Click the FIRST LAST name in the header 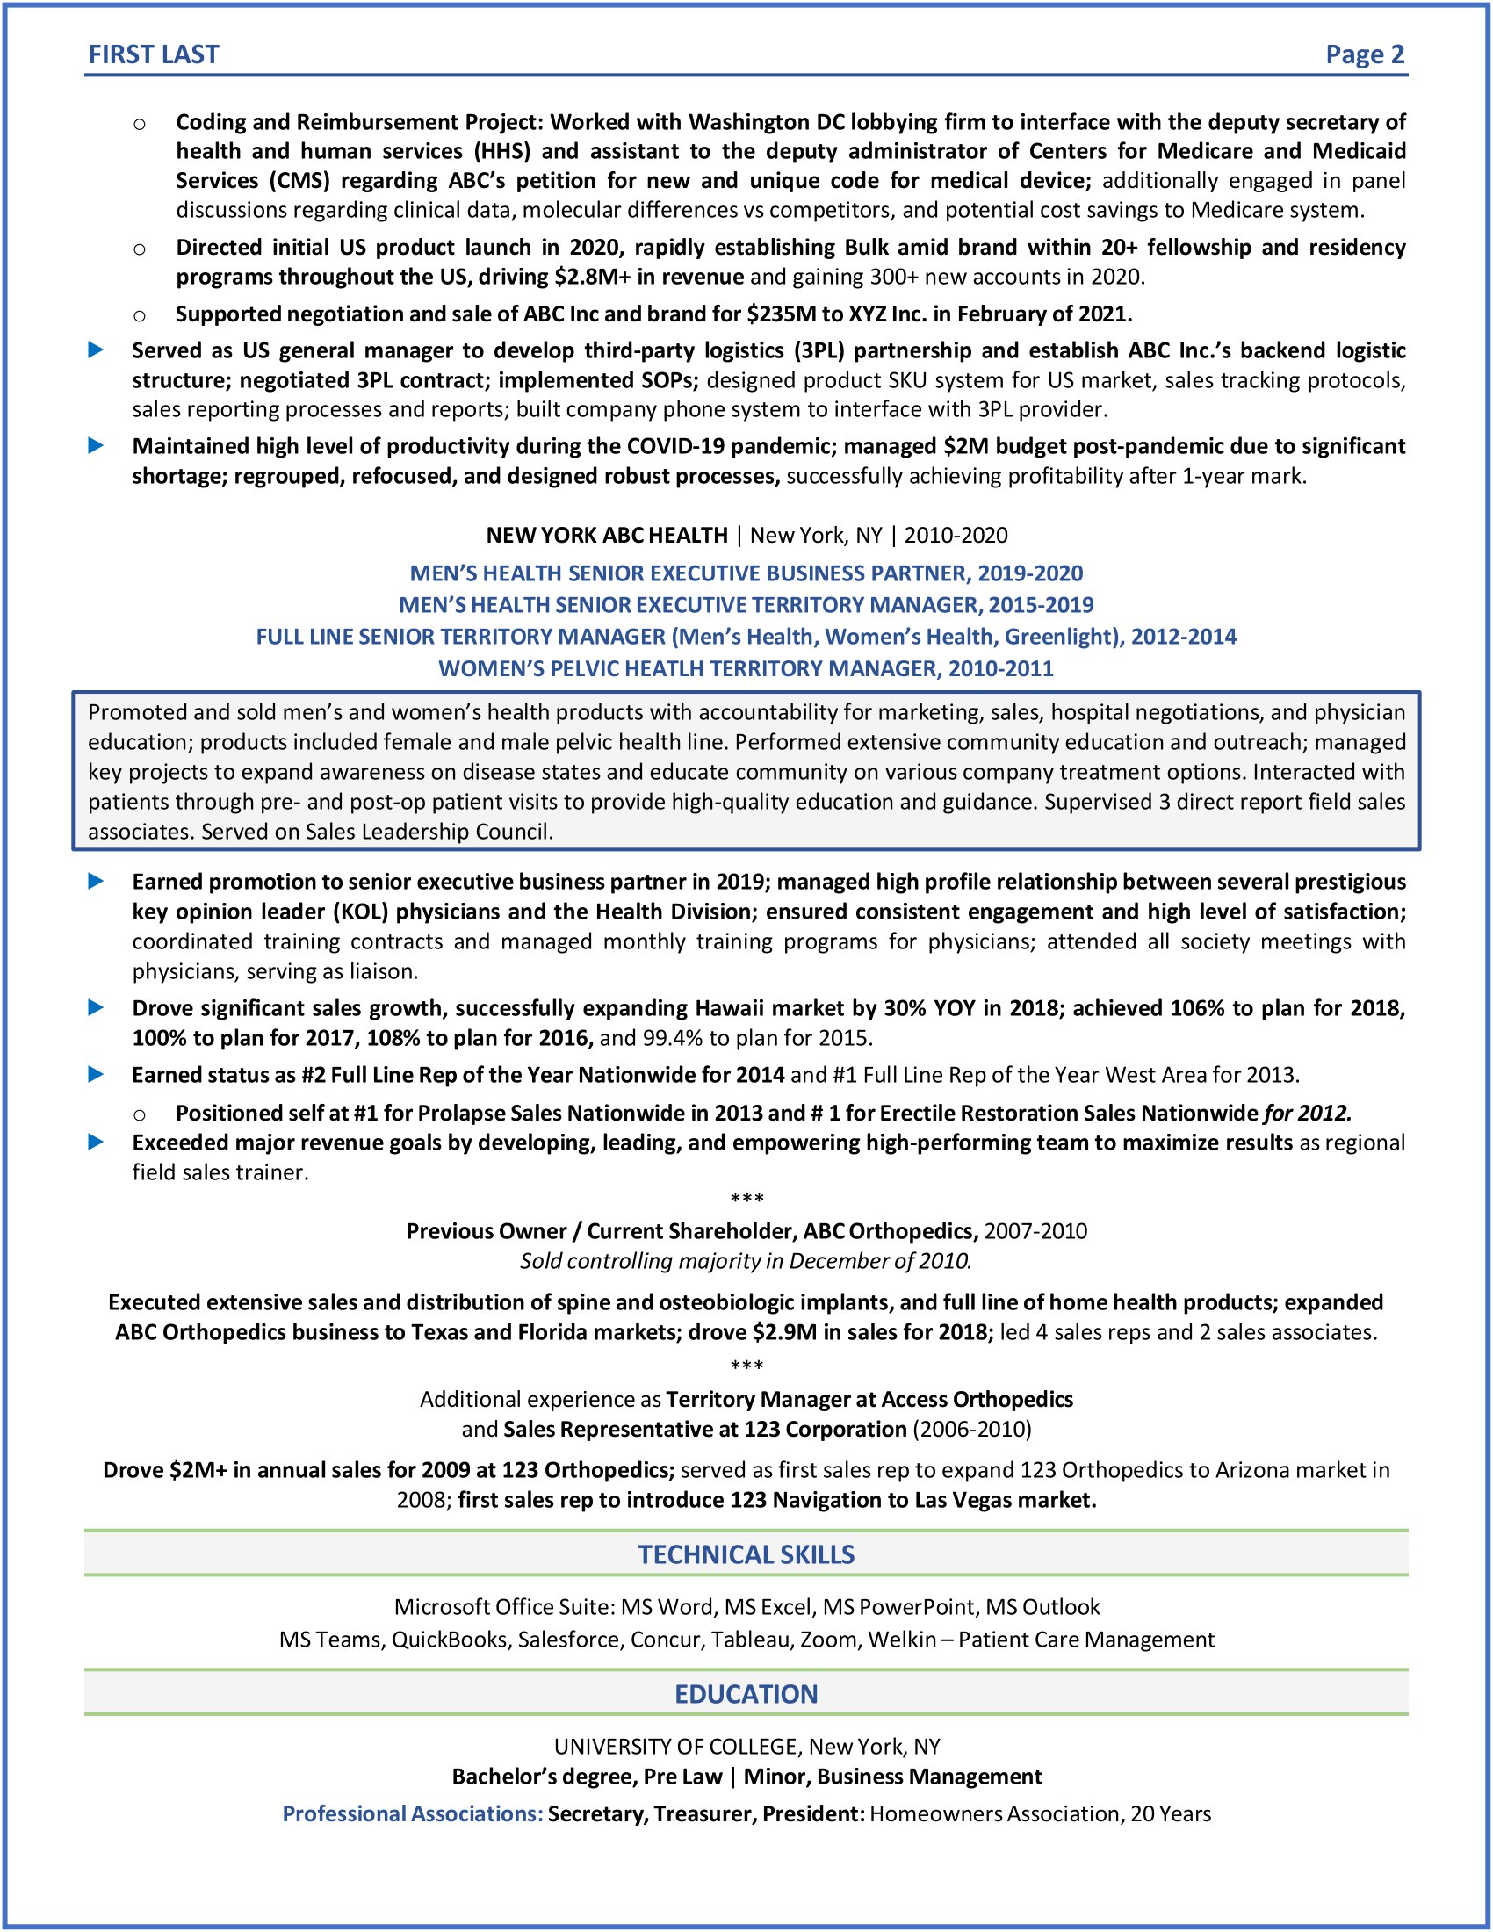153,54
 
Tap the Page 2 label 1364,54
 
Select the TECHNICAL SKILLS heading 746,1554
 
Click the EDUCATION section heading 746,1694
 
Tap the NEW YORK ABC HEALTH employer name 607,535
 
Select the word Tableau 752,1640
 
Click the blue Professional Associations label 412,1814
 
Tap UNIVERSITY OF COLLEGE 677,1747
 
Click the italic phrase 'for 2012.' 1308,1113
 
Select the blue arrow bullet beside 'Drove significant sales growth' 97,1007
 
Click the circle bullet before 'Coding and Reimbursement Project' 139,124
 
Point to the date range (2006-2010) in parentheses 972,1430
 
